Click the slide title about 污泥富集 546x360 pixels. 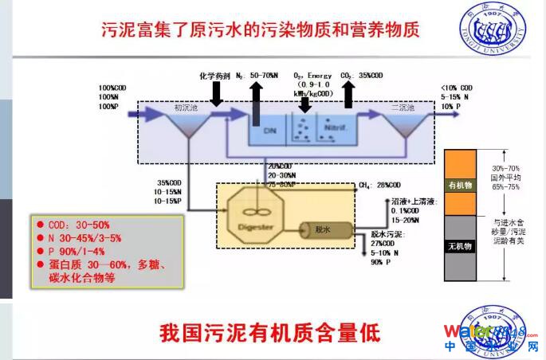click(x=261, y=30)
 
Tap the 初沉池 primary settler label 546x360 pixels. click(x=187, y=108)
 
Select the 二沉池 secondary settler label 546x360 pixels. click(x=402, y=108)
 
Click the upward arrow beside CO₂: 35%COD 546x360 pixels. click(x=348, y=93)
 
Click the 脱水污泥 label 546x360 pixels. click(x=387, y=235)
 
